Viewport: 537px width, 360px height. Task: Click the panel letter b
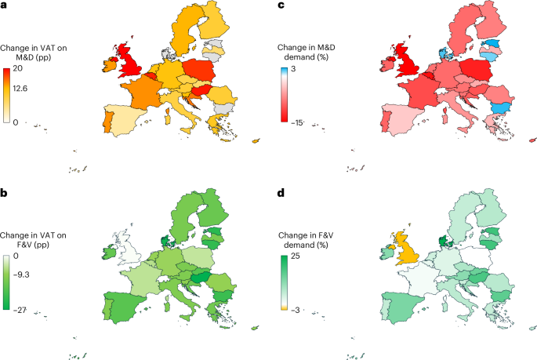(4, 189)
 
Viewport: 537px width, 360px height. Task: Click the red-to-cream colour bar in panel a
(7, 96)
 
